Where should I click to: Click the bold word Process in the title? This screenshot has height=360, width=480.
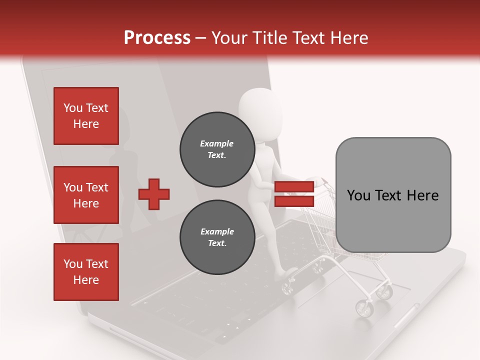point(157,38)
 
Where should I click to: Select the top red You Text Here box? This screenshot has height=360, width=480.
point(86,116)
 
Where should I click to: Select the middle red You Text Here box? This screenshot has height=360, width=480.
point(86,195)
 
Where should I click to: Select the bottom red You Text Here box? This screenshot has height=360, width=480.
point(86,271)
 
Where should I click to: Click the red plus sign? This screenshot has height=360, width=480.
point(154,194)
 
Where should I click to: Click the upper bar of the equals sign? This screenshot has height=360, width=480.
point(294,187)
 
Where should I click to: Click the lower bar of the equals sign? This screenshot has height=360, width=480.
point(294,201)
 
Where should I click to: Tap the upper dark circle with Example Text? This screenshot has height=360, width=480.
point(216,149)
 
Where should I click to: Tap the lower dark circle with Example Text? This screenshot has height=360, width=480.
point(217,237)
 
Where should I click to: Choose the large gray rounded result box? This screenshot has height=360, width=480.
point(393,195)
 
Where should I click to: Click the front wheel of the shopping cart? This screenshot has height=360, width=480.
point(364,308)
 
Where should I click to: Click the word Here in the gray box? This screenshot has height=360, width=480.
point(422,195)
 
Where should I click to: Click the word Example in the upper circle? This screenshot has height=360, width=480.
point(216,143)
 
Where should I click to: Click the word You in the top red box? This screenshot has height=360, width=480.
point(73,108)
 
